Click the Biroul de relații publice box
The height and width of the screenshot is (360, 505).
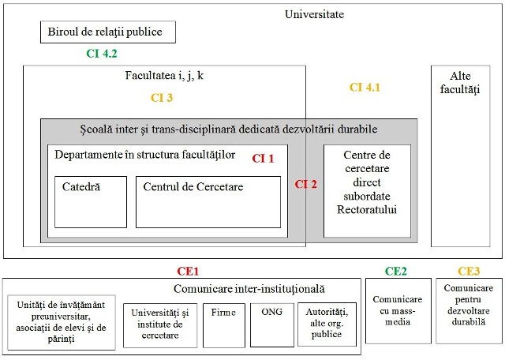pos(108,32)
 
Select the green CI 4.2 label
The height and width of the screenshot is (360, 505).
pos(102,54)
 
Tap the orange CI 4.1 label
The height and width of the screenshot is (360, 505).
pos(365,88)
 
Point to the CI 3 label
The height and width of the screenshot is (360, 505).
pos(162,98)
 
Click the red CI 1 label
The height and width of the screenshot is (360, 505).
pos(263,159)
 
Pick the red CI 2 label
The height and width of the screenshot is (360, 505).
pos(305,184)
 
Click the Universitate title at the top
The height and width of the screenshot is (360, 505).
pos(314,14)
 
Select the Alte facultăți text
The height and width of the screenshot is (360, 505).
pos(460,83)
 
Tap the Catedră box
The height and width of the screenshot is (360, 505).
pos(91,202)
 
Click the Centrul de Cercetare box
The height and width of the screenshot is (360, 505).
pos(208,202)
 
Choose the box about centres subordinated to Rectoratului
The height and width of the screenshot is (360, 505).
pos(367,191)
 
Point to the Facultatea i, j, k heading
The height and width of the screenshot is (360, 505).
pos(164,76)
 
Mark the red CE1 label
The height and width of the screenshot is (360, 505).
pos(188,272)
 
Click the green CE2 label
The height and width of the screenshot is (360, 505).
pos(396,272)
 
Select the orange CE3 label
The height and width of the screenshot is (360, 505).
pos(469,272)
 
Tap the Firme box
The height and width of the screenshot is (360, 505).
pos(224,325)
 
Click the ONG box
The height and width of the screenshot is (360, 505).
pos(272,325)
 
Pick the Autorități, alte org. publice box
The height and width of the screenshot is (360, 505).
pos(327,324)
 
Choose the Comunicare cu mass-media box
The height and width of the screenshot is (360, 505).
pos(398,311)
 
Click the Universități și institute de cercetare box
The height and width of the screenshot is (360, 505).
pos(160,325)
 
